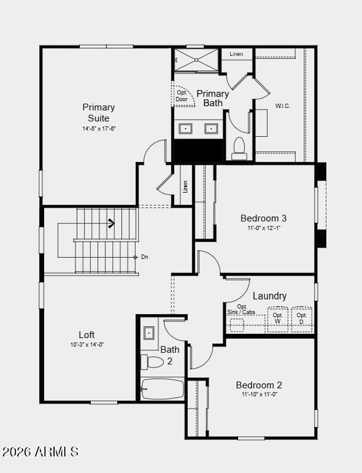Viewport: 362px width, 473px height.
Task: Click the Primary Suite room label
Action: (x=98, y=112)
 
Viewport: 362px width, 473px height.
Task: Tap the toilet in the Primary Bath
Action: (x=239, y=148)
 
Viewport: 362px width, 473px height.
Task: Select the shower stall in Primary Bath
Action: (x=196, y=60)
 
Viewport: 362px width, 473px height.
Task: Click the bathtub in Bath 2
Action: (x=163, y=389)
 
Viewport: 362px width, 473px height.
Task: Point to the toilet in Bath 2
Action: (x=152, y=362)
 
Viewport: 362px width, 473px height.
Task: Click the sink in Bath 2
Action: (x=149, y=333)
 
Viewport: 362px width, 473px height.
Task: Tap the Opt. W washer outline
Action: (x=277, y=320)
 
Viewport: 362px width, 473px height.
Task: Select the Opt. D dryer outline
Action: (x=302, y=320)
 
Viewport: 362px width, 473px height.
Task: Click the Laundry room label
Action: (x=269, y=296)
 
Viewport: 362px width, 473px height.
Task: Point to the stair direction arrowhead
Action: (x=112, y=223)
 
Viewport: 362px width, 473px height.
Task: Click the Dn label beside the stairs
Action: (x=145, y=257)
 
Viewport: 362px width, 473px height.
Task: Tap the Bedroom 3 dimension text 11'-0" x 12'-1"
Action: (x=264, y=228)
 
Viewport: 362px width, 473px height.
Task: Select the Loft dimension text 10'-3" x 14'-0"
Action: (x=87, y=345)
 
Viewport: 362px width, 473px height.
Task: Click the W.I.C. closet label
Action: (x=282, y=106)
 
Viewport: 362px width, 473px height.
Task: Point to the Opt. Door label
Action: (x=182, y=96)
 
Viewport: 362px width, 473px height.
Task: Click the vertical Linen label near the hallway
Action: (x=185, y=187)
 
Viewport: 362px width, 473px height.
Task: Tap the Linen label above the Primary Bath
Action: (x=236, y=54)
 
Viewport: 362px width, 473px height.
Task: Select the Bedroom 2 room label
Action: (x=259, y=385)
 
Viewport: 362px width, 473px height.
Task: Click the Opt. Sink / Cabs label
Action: (x=241, y=309)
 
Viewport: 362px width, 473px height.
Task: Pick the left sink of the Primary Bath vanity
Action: (x=185, y=129)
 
